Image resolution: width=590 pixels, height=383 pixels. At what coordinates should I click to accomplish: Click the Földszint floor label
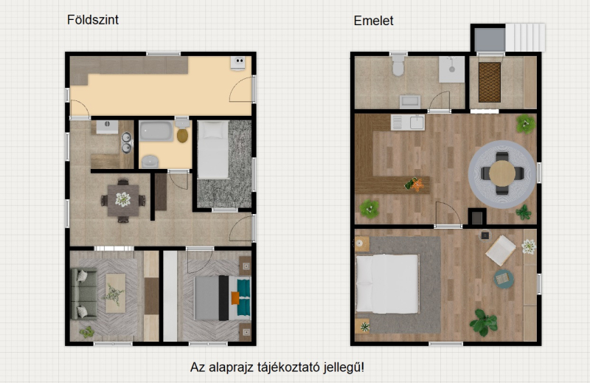pos(93,20)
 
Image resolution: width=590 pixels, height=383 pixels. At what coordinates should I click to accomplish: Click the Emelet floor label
pos(373,21)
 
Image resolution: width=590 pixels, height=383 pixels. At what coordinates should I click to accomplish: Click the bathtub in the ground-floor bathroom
pos(156,131)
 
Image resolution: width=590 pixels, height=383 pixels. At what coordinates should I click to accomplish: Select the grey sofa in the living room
pos(84,294)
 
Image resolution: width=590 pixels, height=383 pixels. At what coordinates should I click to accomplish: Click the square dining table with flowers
pos(123,200)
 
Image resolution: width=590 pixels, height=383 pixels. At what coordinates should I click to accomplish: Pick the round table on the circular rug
pos(502,173)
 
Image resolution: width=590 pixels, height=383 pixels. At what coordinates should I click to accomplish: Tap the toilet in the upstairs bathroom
pos(398,65)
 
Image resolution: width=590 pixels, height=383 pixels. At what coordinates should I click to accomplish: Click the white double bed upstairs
pos(388,283)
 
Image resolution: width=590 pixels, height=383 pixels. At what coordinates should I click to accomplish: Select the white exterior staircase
pos(525,38)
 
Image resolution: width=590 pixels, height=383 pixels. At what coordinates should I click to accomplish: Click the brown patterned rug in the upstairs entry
pos(490,82)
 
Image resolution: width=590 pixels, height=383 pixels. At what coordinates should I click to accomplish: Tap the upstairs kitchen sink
pos(408,123)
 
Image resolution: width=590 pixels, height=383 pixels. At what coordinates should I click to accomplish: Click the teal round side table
pos(504,279)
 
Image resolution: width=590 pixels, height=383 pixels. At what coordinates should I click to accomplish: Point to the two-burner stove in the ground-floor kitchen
pos(237,63)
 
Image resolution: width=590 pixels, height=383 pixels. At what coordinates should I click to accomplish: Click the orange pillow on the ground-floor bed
pos(235,298)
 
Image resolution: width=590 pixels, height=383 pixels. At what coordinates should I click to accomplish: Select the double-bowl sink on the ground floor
pos(126,142)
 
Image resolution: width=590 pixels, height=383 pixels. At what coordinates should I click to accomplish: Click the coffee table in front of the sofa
pos(116,293)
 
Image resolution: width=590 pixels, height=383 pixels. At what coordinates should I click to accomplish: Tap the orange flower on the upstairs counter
pos(417,185)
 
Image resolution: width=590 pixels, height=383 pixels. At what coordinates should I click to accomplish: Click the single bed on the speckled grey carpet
pos(213,149)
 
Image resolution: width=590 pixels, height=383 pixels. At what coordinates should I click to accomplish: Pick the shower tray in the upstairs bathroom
pos(452,69)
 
